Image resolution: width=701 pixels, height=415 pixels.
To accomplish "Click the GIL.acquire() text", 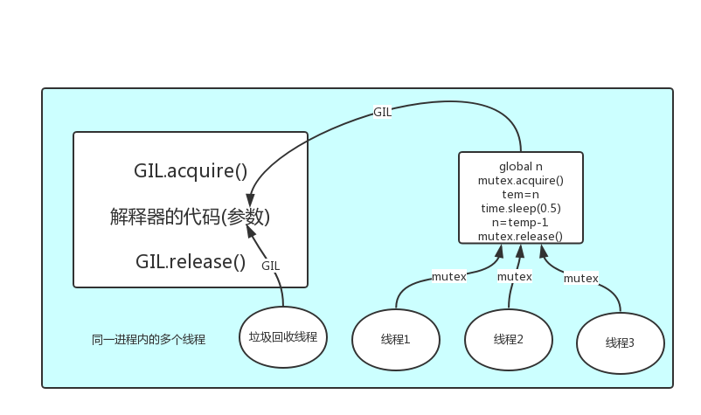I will [191, 170].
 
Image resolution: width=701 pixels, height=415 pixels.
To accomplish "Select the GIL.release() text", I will [191, 261].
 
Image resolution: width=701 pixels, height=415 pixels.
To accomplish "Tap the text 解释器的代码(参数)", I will [190, 217].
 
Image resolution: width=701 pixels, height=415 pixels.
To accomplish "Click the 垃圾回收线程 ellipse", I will [282, 337].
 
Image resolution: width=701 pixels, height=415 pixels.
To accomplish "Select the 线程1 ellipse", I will [395, 339].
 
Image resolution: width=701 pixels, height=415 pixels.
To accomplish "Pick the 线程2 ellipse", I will [508, 339].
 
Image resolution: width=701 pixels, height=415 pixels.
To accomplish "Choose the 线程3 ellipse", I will [620, 342].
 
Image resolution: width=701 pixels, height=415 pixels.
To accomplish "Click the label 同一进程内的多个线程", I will [149, 339].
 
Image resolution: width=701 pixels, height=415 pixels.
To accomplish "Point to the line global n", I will [521, 166].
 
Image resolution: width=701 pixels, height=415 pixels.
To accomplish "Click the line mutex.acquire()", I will [521, 180].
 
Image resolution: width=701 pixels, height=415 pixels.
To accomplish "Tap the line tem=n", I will [521, 194].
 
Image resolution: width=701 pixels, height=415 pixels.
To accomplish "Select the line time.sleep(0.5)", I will [521, 208].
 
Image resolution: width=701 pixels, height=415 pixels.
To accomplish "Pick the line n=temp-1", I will [521, 222].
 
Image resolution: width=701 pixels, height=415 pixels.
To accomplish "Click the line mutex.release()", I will [521, 236].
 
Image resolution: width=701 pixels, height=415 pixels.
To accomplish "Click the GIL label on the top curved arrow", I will [382, 113].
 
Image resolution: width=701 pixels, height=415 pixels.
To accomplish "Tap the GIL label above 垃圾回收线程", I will [271, 266].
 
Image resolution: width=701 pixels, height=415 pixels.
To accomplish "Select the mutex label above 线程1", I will [448, 277].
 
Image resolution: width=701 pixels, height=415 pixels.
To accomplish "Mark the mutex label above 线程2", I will [514, 276].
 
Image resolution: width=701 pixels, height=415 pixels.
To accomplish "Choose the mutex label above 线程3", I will [580, 278].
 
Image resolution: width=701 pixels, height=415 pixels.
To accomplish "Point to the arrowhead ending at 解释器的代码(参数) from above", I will [250, 197].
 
